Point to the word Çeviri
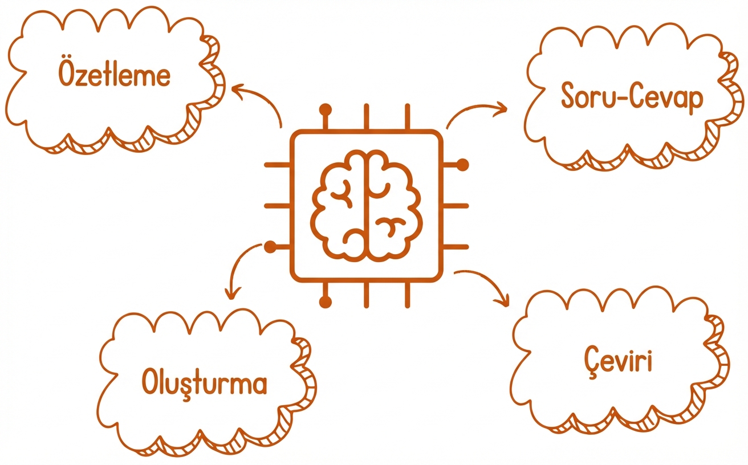pyautogui.click(x=618, y=362)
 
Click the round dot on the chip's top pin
pyautogui.click(x=325, y=110)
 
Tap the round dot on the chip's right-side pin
pyautogui.click(x=462, y=165)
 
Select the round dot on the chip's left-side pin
pyautogui.click(x=270, y=247)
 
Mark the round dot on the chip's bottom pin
pyautogui.click(x=325, y=302)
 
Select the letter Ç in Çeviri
pyautogui.click(x=592, y=363)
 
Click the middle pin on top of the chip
pyautogui.click(x=367, y=117)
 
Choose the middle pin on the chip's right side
pyautogui.click(x=456, y=206)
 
